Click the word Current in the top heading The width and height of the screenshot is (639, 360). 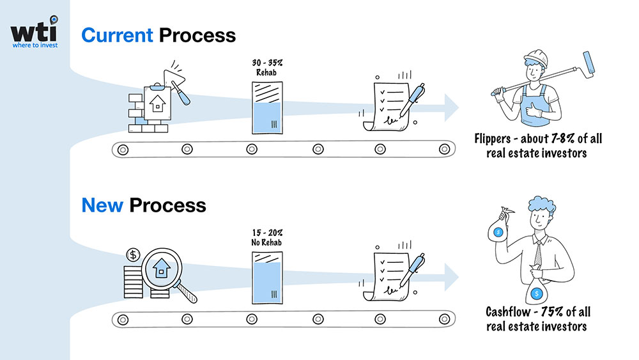click(x=117, y=35)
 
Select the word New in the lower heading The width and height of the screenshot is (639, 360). click(x=102, y=205)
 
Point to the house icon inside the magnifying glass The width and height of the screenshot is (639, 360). click(x=162, y=267)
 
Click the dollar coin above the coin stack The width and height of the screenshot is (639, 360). click(x=134, y=254)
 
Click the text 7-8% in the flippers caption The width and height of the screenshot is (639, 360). click(x=555, y=139)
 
